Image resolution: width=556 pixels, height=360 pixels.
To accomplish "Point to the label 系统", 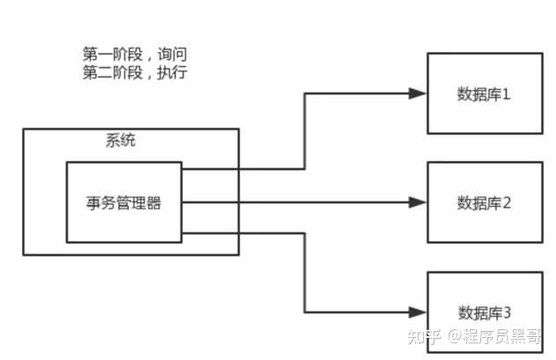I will [x=121, y=140].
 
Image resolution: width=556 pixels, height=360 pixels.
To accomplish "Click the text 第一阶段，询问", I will [x=133, y=55].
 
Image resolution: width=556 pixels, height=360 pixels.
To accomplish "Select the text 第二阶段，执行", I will [x=133, y=73].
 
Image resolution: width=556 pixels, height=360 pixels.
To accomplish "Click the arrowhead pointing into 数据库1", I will [x=420, y=92].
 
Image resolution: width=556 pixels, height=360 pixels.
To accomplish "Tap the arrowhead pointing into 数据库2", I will [x=420, y=202].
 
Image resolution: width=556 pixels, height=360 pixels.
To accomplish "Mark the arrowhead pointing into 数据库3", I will [x=420, y=312].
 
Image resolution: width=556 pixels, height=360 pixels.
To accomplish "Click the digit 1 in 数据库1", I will [x=506, y=93].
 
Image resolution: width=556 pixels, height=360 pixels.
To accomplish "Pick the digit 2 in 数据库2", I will [x=506, y=203].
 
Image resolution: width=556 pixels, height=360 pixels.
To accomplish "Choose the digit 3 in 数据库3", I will [x=506, y=312].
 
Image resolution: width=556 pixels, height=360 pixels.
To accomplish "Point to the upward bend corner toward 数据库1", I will [x=304, y=92].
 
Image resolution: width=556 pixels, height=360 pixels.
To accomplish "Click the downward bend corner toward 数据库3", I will [x=304, y=312].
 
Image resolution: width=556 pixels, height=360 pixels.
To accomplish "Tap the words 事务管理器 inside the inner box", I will [x=124, y=202].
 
